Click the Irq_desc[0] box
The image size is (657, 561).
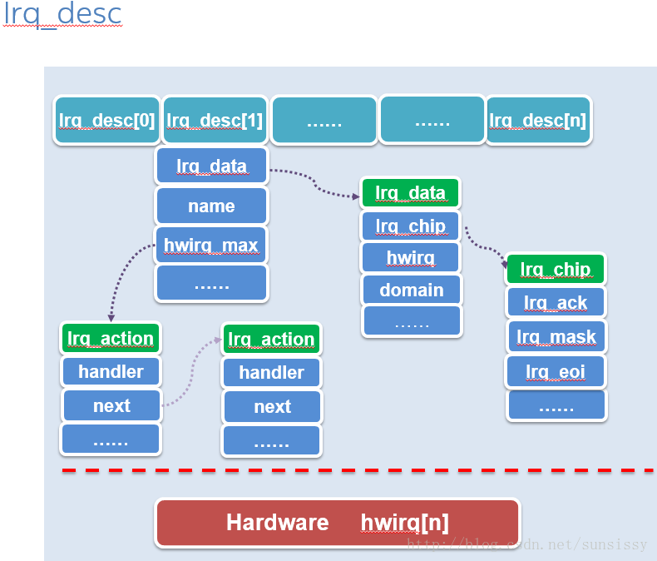point(106,121)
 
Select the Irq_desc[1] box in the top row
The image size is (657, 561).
point(215,121)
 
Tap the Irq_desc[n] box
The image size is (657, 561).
point(538,121)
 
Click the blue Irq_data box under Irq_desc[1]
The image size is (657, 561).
point(211,166)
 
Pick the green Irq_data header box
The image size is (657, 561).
point(410,193)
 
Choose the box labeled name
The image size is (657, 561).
point(211,206)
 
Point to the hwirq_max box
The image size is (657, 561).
point(211,246)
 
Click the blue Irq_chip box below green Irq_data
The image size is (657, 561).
point(410,226)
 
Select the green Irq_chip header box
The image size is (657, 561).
point(555,270)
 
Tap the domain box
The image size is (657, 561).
point(411,290)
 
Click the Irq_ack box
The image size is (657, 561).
point(556,303)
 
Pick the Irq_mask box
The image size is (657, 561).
point(556,337)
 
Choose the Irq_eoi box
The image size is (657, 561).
point(556,371)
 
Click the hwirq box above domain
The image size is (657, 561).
point(410,258)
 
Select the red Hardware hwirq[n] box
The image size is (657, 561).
point(337,523)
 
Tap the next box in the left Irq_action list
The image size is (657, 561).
point(111,406)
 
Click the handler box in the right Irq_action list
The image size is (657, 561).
point(271,373)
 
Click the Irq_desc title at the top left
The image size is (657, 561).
point(62,14)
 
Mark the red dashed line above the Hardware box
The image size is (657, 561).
point(358,471)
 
